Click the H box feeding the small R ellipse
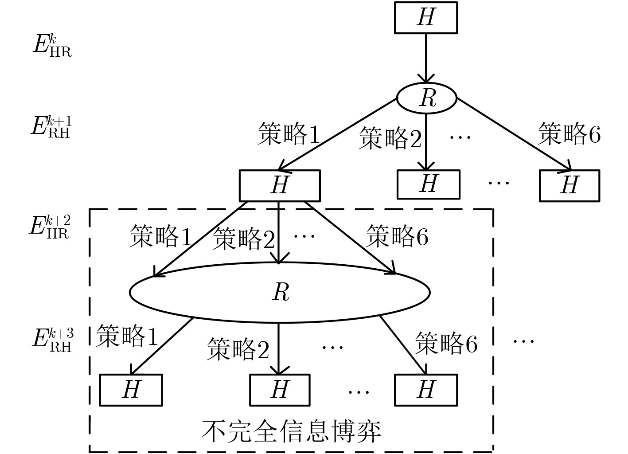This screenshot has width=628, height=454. pyautogui.click(x=425, y=18)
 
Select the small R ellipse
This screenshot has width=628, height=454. pyautogui.click(x=426, y=98)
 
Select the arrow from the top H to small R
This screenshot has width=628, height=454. pyautogui.click(x=426, y=58)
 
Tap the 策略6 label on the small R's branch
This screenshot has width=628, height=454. pyautogui.click(x=569, y=133)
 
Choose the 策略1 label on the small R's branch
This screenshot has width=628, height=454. pyautogui.click(x=289, y=134)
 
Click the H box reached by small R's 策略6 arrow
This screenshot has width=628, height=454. pyautogui.click(x=569, y=185)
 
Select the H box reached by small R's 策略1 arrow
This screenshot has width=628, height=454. pyautogui.click(x=279, y=185)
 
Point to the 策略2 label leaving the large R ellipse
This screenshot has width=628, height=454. pyautogui.click(x=238, y=349)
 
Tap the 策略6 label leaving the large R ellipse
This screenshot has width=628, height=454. pyautogui.click(x=446, y=343)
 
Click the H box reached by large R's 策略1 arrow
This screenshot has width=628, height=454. pyautogui.click(x=131, y=390)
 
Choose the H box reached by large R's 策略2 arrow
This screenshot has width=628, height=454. pyautogui.click(x=280, y=390)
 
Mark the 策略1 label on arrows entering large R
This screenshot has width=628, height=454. pyautogui.click(x=160, y=236)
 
